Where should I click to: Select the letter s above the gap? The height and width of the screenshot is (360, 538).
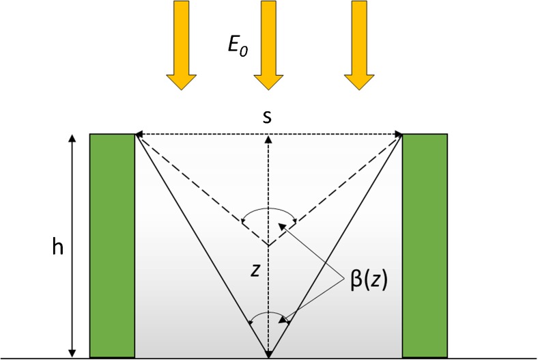coord(268,116)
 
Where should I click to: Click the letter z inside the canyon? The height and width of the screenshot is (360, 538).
coord(255,271)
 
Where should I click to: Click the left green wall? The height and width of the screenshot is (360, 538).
coord(112,246)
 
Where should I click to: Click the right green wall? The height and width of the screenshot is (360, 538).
coord(425,246)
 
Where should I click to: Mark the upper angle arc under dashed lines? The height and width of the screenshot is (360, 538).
coord(268,208)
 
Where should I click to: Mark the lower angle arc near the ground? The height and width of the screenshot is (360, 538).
coord(268,316)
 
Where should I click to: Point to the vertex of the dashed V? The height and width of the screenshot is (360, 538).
coord(268,245)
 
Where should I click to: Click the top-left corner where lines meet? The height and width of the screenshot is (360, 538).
coord(136,135)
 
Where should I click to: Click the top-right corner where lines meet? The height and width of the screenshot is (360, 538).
coord(401,135)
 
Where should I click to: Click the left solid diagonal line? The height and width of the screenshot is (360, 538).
coord(202,246)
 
